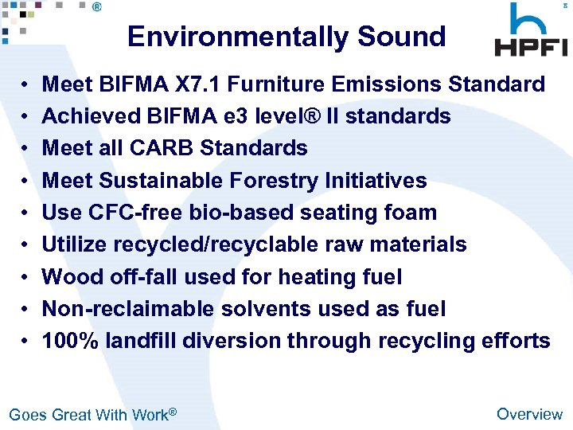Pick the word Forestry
275,181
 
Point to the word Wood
69,277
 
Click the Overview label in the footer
529,414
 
